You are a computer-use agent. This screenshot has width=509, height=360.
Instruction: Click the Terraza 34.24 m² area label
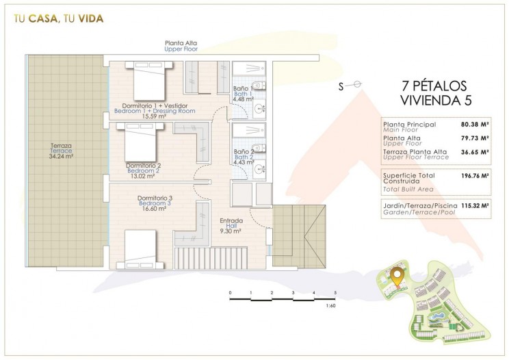tap(61, 151)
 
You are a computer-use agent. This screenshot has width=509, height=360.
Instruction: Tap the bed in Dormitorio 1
tap(149, 81)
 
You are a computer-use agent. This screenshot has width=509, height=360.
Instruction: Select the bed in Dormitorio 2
tap(140, 142)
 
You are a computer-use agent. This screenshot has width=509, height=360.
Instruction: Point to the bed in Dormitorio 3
tap(140, 249)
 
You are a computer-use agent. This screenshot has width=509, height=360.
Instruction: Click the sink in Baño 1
tap(259, 109)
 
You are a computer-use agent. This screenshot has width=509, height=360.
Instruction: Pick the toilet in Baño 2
tap(259, 148)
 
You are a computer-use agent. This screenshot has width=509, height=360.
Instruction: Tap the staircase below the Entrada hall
tap(211, 259)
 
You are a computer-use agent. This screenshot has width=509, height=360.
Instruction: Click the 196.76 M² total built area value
tap(475, 177)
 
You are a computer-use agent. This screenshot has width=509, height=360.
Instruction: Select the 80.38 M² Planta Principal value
tap(475, 124)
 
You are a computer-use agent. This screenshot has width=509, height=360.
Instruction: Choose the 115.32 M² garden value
tap(475, 206)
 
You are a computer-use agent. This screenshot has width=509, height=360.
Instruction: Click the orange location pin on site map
tap(396, 277)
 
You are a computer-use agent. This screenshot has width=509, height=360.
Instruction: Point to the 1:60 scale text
tap(331, 305)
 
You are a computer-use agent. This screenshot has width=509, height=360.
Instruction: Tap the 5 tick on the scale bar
tap(335, 293)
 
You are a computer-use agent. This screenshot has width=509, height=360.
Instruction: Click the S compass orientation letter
tap(341, 87)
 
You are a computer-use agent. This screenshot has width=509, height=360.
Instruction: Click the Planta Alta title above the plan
tap(181, 43)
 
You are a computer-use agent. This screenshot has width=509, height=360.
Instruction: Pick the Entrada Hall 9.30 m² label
tap(231, 226)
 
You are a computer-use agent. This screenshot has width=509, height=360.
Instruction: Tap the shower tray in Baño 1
tap(249, 68)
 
